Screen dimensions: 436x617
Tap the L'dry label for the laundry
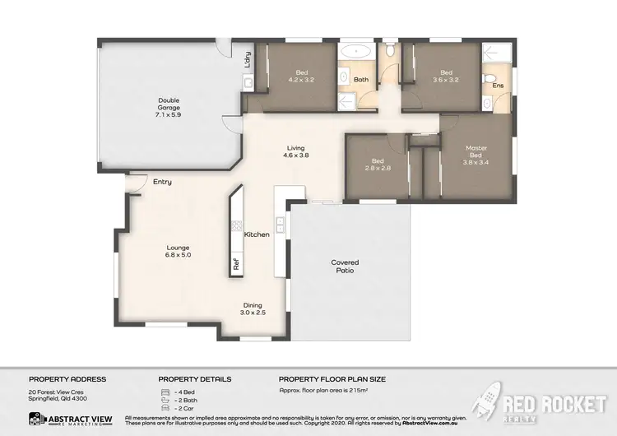coord(246,59)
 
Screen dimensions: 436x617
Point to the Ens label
coord(497,85)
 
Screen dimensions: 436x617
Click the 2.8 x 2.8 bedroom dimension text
coord(378,169)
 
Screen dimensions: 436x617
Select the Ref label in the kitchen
coord(236,264)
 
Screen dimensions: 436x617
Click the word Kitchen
coord(257,234)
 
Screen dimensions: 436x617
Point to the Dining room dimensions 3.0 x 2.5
coord(253,312)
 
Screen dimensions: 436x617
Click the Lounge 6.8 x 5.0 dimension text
coord(178,255)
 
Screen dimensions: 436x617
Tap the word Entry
coord(162,181)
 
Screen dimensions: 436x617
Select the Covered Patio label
coord(345,266)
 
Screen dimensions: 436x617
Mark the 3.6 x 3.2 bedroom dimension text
coord(446,80)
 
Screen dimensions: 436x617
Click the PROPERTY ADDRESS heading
coord(67,379)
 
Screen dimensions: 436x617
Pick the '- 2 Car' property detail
coord(183,407)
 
